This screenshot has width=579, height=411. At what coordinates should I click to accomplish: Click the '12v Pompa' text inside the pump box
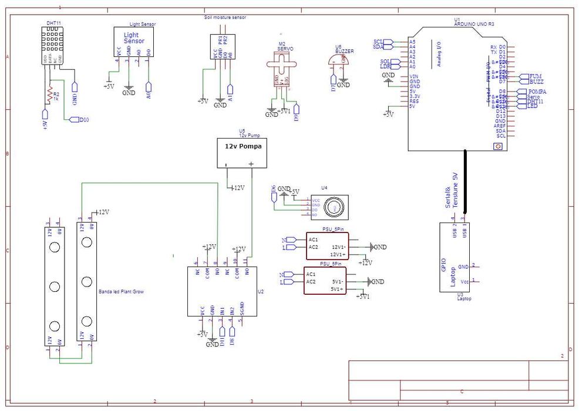243,146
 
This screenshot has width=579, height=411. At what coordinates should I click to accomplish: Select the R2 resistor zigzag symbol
49,96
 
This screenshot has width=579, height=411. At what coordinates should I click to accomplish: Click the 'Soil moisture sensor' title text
225,18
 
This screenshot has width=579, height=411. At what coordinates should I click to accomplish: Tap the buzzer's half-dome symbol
339,60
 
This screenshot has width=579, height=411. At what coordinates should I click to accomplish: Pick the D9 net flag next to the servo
297,109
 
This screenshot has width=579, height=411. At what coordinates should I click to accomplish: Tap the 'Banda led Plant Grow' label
121,291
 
